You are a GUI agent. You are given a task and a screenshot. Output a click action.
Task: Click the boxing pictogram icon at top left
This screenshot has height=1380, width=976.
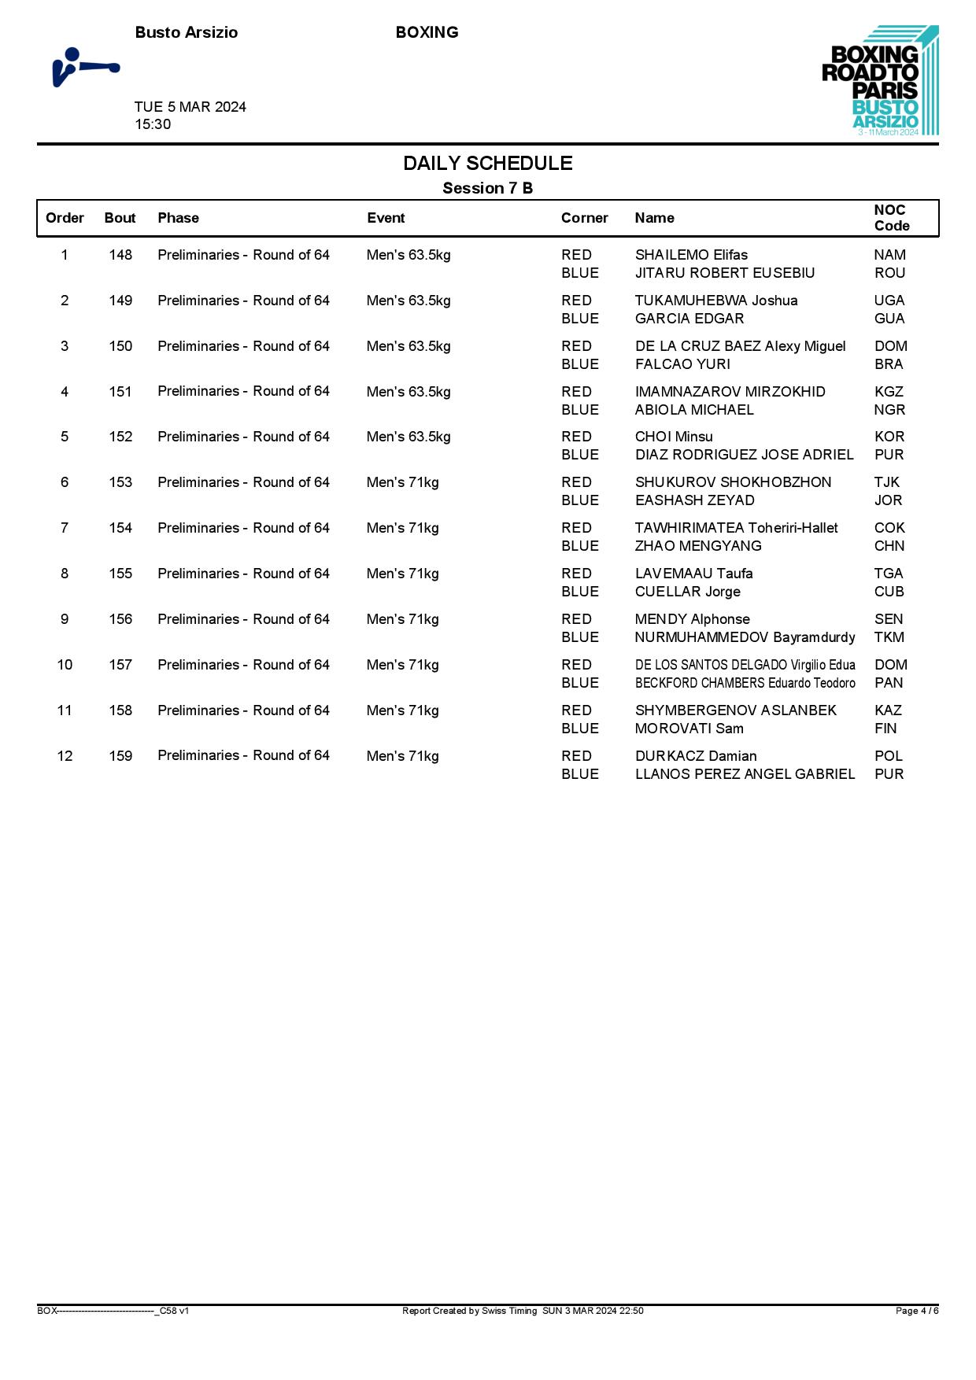point(85,67)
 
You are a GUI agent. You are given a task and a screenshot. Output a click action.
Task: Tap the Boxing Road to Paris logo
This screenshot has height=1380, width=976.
point(879,80)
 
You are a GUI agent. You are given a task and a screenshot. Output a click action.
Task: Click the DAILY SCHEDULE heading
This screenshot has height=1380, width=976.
point(487,163)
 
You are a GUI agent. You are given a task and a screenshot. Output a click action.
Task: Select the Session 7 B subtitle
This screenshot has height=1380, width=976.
point(487,188)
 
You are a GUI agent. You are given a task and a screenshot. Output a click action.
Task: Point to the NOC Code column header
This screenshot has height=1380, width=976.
point(891,218)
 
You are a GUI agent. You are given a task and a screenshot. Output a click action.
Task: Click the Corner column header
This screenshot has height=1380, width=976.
point(584,218)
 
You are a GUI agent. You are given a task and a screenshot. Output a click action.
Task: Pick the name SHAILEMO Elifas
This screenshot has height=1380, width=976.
point(691,255)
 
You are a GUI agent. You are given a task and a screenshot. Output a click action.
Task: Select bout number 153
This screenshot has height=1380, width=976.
point(120,482)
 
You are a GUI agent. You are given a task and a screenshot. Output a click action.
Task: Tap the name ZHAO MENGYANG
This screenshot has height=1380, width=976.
point(697,546)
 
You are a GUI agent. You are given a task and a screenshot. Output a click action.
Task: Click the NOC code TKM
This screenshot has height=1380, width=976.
point(889,637)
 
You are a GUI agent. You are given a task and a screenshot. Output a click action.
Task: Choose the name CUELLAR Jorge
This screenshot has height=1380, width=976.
point(687,592)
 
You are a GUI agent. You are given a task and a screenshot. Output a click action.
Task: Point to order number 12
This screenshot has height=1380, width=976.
point(65,756)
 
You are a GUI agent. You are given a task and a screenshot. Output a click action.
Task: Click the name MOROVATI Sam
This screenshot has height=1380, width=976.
point(689,729)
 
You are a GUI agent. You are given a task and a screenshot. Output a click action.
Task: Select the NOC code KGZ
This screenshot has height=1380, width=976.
point(889,392)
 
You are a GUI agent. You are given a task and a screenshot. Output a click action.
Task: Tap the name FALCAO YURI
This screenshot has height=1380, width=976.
point(682,364)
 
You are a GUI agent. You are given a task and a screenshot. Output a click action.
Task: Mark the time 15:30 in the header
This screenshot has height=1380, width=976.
point(153,124)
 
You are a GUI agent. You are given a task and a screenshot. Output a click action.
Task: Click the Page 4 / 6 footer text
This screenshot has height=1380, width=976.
point(916,1311)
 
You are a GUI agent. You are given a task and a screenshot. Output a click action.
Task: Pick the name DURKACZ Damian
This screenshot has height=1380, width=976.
point(695,756)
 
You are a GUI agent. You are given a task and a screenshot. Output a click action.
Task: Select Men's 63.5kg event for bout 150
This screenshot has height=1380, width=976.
point(409,346)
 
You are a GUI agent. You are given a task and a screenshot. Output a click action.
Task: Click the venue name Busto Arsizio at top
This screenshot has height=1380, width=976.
point(187,32)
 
